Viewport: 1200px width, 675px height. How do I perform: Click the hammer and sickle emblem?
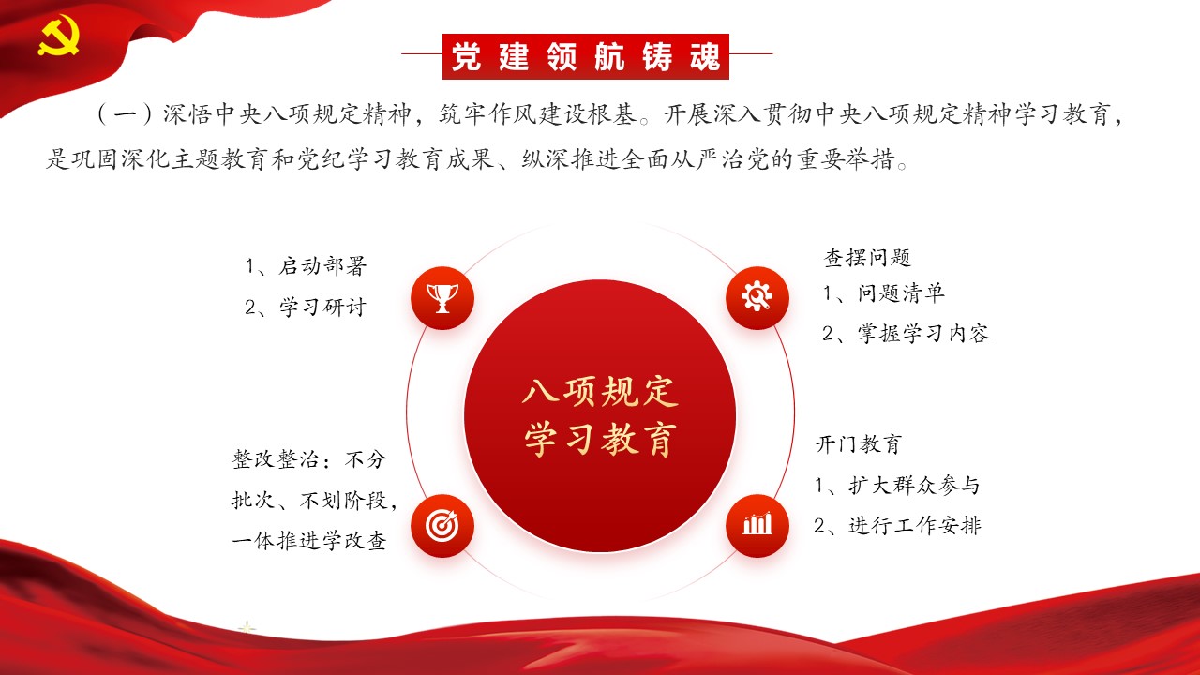pos(58,36)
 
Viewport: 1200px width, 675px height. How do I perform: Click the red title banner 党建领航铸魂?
pos(586,56)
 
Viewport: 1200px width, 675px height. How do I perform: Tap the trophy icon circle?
pos(442,298)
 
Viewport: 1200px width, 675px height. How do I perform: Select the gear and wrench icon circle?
pos(757,298)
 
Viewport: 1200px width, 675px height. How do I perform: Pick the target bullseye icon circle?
pos(442,526)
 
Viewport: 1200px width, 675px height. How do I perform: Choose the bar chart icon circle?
pos(757,526)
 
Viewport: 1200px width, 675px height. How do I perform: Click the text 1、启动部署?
pos(306,265)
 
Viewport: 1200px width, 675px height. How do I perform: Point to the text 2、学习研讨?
pos(306,307)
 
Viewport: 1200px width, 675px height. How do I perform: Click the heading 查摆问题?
pos(867,257)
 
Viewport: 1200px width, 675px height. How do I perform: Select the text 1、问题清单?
pos(883,293)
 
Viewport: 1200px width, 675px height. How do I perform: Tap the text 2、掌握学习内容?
pos(907,333)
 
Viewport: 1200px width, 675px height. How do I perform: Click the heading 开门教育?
pos(859,444)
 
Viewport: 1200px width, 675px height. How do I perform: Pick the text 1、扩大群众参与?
pos(897,486)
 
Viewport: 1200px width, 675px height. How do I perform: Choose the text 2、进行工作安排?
pos(897,526)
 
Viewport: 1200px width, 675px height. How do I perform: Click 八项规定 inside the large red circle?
pos(600,392)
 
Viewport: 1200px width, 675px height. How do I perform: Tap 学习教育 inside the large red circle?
pos(600,440)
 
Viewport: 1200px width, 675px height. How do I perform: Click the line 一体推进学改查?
pos(309,541)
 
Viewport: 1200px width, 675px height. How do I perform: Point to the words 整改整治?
pos(276,459)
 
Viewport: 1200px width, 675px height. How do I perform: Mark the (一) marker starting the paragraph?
pos(126,114)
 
